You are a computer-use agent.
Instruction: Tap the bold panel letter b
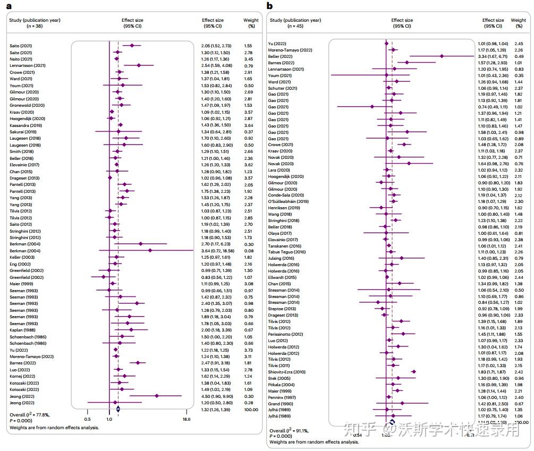coord(269,6)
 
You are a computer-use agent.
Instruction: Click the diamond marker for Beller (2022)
coord(442,56)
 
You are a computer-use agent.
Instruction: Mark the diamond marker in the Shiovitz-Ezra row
coord(413,372)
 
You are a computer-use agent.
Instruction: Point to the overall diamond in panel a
coord(118,409)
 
